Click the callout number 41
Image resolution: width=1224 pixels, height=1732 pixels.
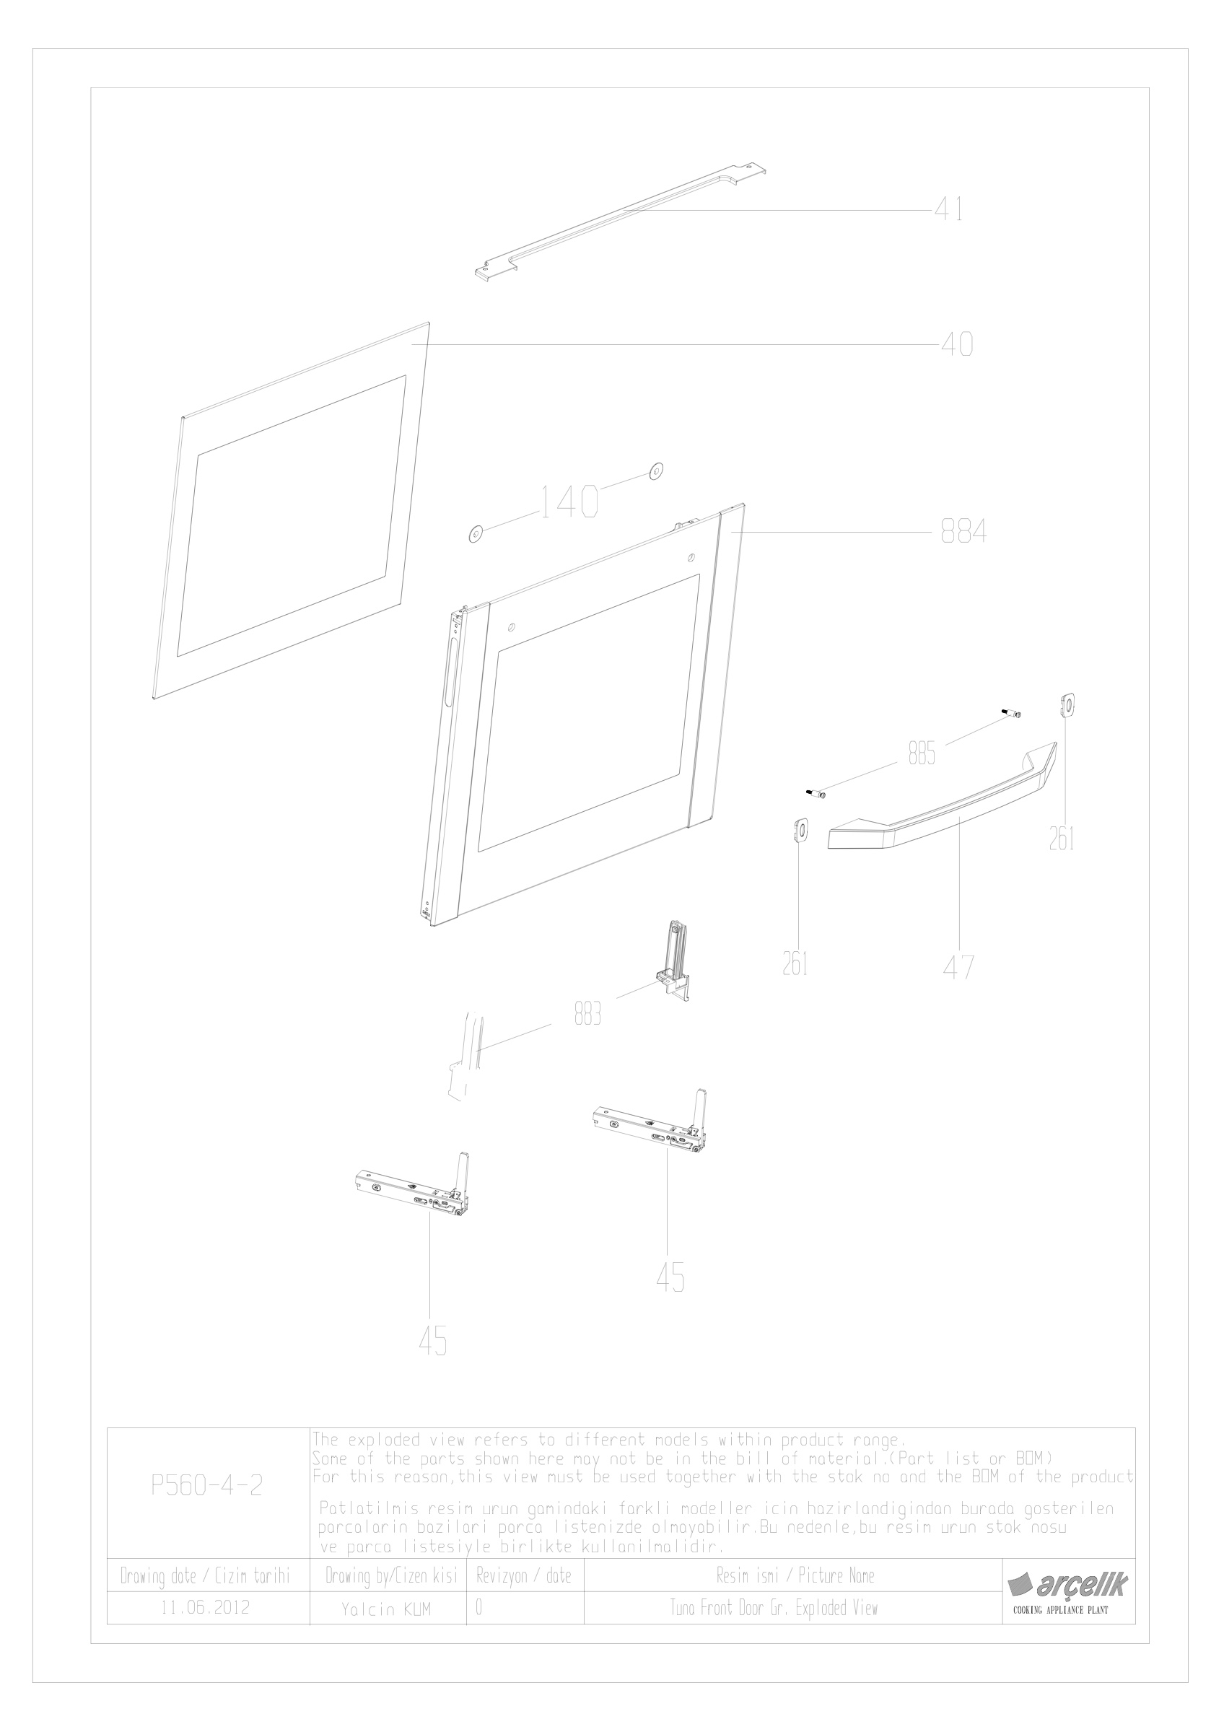(948, 209)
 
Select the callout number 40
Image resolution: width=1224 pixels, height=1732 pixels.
(957, 345)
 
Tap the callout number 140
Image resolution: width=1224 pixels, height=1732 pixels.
(569, 501)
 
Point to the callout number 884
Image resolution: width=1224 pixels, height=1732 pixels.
(963, 533)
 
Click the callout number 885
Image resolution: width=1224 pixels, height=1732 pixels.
(922, 753)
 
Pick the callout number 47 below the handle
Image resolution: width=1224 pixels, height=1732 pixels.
(958, 968)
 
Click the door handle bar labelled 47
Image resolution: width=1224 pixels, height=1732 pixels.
(943, 802)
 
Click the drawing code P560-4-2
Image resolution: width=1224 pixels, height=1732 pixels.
(206, 1506)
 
